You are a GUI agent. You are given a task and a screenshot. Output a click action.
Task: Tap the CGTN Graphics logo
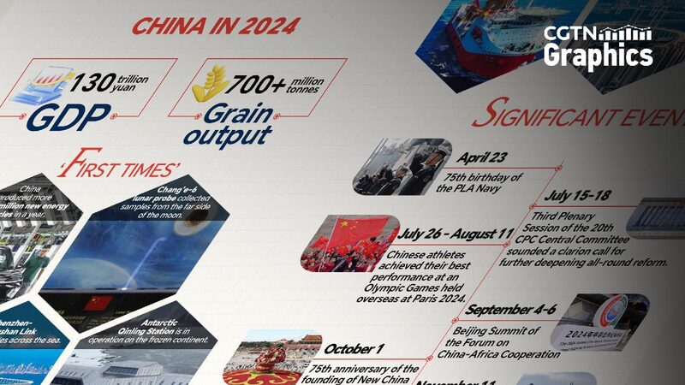pyautogui.click(x=599, y=47)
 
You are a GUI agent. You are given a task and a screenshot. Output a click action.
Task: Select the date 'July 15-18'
pyautogui.click(x=576, y=195)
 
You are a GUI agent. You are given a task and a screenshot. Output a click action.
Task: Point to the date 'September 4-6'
pyautogui.click(x=511, y=309)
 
